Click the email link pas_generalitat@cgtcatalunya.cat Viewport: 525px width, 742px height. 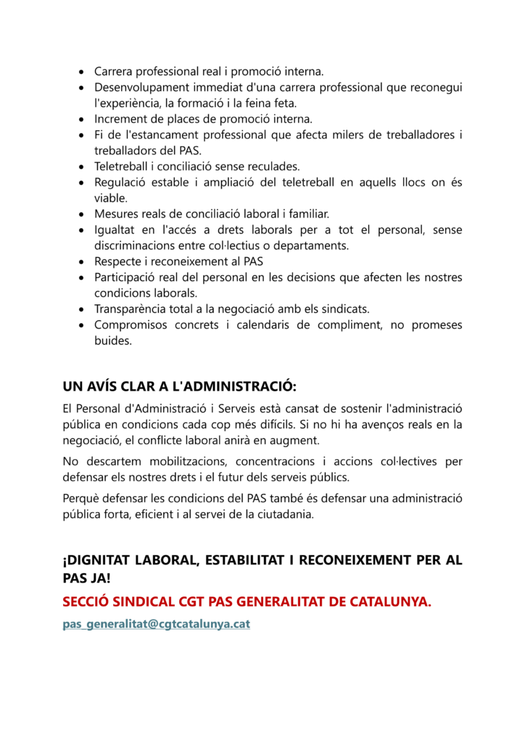point(156,623)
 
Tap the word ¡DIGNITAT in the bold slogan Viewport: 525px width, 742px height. point(95,560)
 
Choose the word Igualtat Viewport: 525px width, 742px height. point(116,230)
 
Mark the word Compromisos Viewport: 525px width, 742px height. point(131,325)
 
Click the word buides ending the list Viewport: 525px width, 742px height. point(113,341)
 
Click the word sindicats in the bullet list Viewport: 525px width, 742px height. point(346,309)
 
